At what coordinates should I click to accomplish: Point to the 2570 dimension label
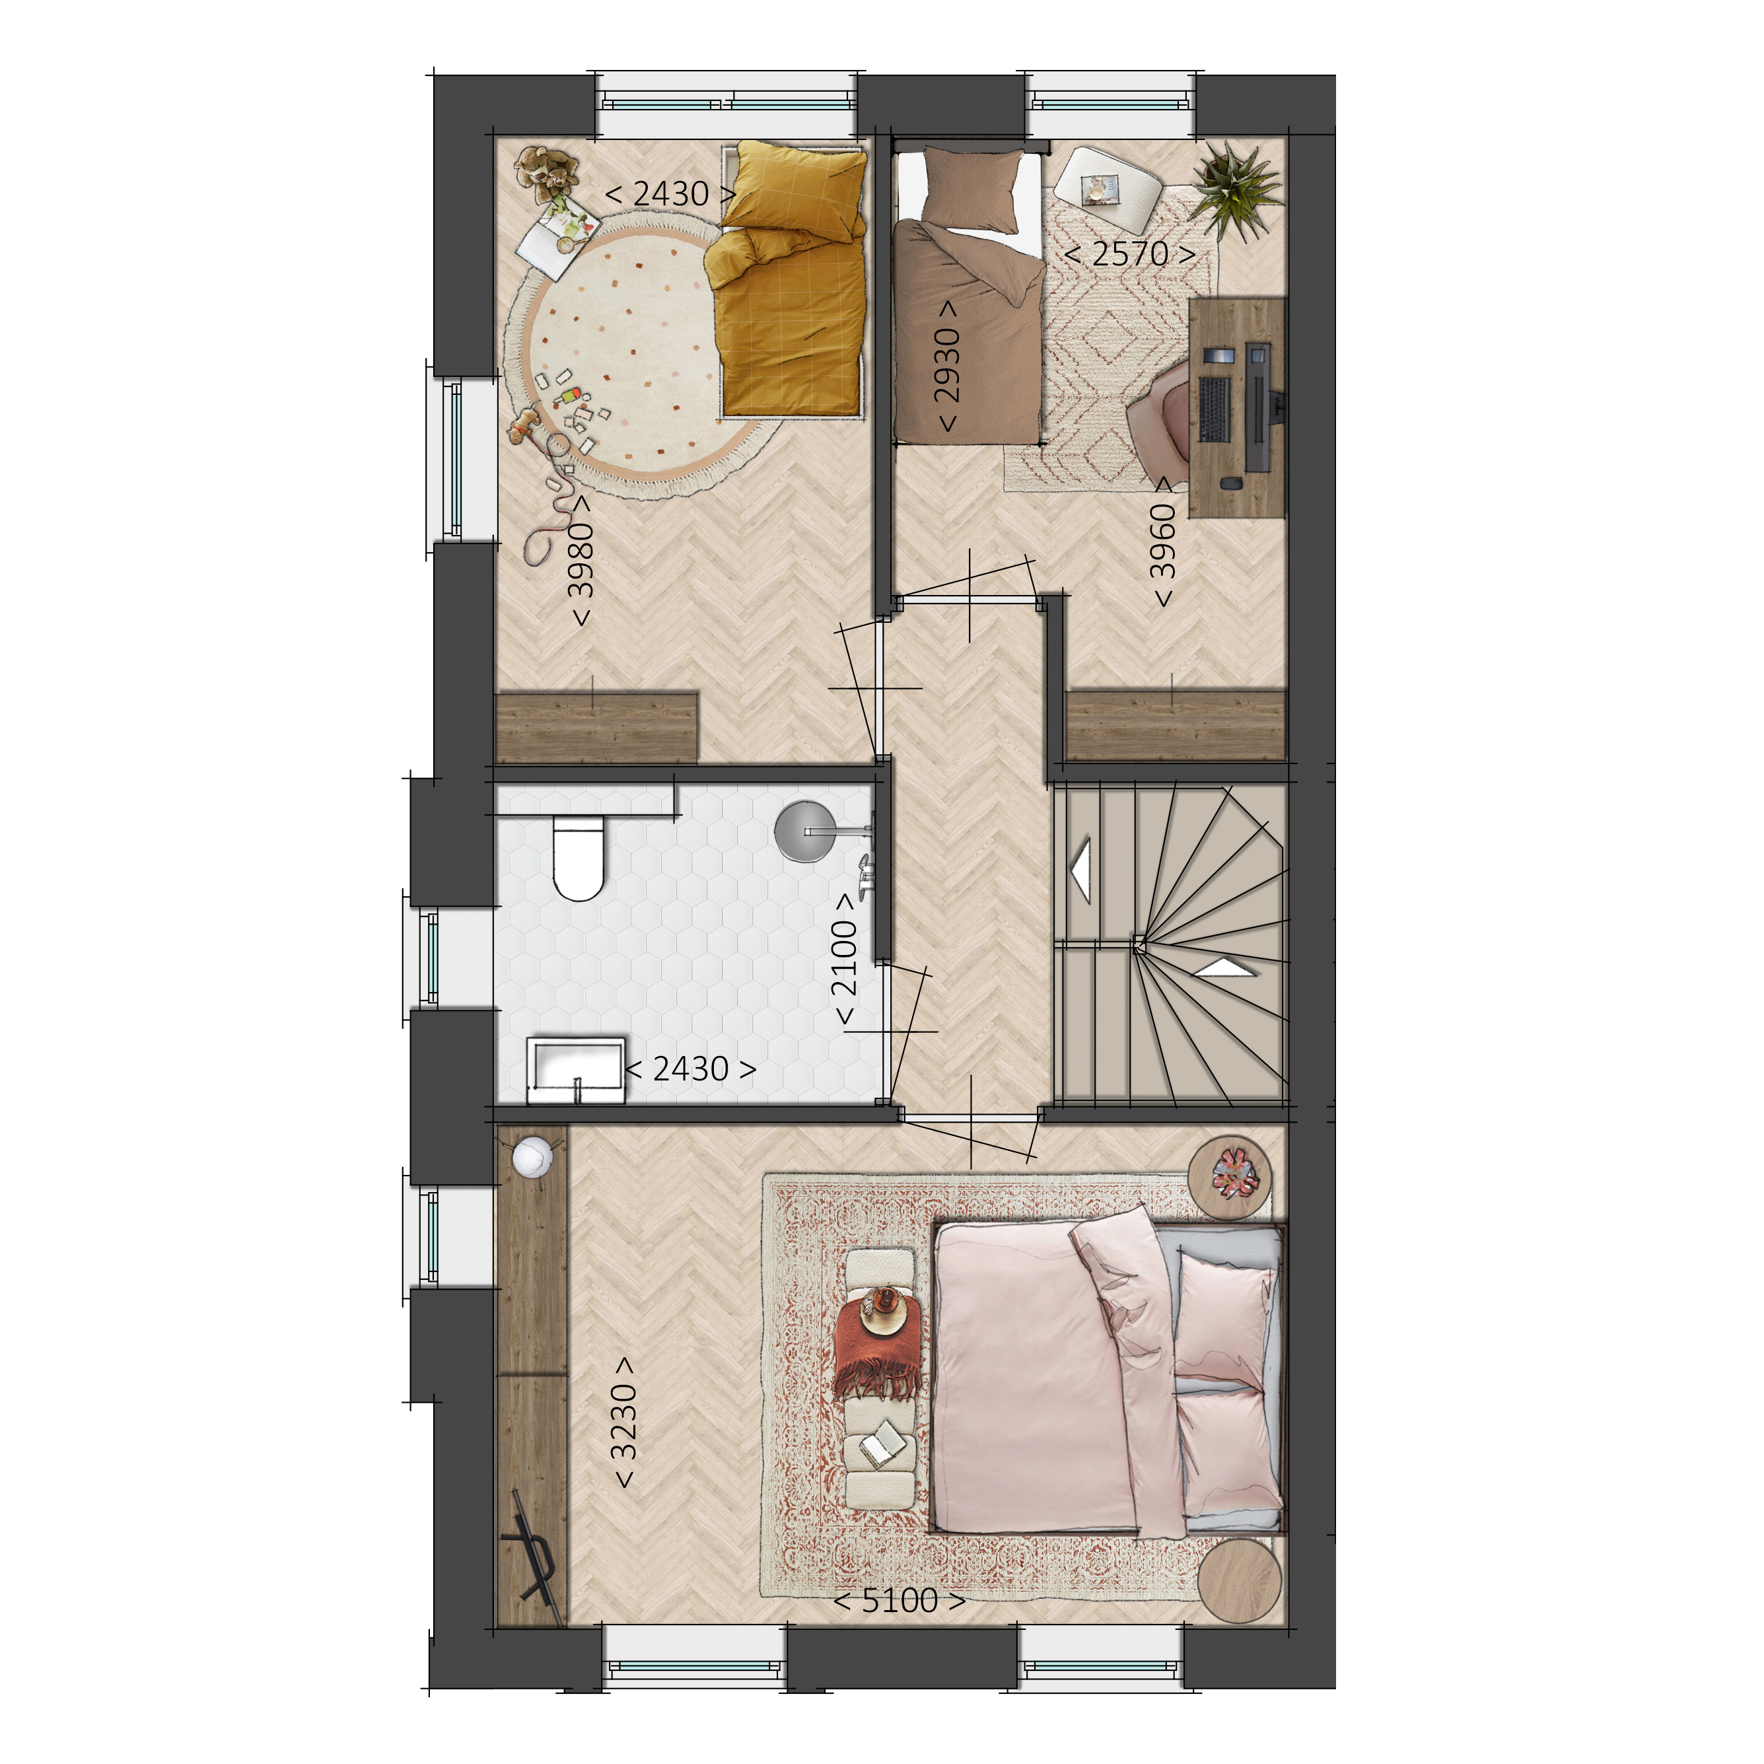(x=1129, y=254)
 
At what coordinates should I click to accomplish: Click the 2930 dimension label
(x=947, y=365)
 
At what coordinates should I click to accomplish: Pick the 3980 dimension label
(x=581, y=559)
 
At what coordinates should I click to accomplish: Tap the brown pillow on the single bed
(x=972, y=192)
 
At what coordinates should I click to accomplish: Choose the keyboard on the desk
(x=1215, y=408)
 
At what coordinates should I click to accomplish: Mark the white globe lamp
(x=532, y=1158)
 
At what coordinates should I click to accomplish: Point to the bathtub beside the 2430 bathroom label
(x=578, y=1069)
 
